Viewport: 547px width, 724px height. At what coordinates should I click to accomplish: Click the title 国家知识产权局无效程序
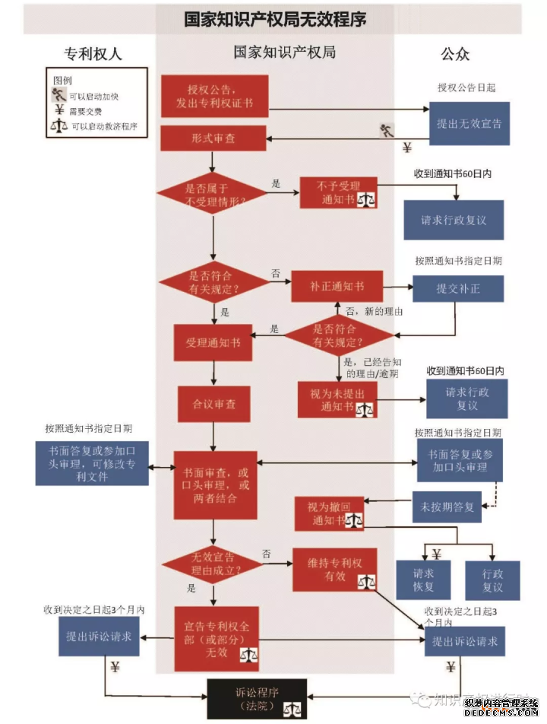click(274, 18)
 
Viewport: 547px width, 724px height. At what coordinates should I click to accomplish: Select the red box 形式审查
click(213, 138)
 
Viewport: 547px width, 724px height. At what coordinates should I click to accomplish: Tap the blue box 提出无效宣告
click(469, 123)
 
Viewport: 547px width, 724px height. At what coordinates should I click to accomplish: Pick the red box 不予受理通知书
click(339, 193)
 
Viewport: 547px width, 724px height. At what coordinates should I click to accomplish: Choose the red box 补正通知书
click(337, 286)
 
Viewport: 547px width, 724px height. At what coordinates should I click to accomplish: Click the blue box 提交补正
click(458, 289)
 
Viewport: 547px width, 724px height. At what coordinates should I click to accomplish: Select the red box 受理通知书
click(213, 343)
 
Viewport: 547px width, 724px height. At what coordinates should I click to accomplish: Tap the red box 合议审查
click(213, 404)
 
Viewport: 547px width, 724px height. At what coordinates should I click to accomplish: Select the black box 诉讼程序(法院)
click(257, 699)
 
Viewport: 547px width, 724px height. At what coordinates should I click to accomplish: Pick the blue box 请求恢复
click(423, 581)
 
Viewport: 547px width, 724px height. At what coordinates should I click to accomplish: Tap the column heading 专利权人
click(93, 54)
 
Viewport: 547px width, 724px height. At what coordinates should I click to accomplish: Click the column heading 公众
click(455, 54)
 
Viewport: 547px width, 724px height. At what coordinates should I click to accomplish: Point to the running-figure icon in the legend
click(58, 96)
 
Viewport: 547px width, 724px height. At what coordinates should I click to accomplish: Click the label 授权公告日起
click(466, 87)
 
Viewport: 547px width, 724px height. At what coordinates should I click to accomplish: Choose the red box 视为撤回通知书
click(329, 515)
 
